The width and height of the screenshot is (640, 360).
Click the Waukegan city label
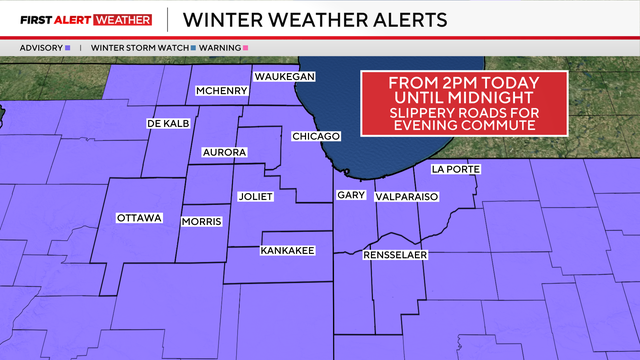[x=285, y=77]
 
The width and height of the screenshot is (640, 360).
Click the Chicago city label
[x=316, y=136]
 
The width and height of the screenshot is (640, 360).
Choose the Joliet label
[x=255, y=197]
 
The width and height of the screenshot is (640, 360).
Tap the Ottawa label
[x=138, y=217]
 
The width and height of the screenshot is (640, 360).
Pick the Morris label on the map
[x=201, y=221]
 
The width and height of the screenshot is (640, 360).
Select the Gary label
[x=350, y=195]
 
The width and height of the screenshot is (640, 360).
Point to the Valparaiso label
[x=407, y=198]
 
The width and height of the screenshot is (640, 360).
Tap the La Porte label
[x=455, y=169]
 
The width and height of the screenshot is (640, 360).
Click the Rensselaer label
[x=395, y=257]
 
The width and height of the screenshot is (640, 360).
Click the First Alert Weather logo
[x=86, y=19]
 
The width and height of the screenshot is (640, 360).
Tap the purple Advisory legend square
[x=67, y=47]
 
